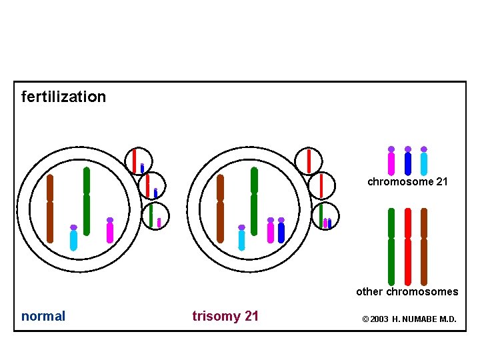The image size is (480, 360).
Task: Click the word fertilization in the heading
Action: click(63, 97)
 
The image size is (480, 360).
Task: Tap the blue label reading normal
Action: click(43, 316)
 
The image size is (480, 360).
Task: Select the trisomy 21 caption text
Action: click(225, 316)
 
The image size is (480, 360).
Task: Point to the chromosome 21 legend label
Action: click(407, 181)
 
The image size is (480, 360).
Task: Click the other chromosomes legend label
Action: click(407, 291)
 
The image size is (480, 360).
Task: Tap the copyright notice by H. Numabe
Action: click(409, 319)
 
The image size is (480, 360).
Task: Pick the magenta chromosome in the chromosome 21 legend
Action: click(391, 162)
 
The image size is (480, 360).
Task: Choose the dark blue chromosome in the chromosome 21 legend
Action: click(408, 162)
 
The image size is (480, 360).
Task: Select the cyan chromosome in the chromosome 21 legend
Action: click(424, 162)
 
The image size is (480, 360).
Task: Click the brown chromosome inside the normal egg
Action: click(50, 208)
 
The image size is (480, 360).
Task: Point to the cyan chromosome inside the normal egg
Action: click(73, 239)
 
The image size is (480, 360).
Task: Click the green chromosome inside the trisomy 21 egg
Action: click(254, 200)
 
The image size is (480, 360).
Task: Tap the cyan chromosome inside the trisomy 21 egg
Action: click(241, 239)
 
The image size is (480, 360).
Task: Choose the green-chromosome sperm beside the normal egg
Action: click(155, 215)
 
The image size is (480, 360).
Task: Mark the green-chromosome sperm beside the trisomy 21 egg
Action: click(325, 215)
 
